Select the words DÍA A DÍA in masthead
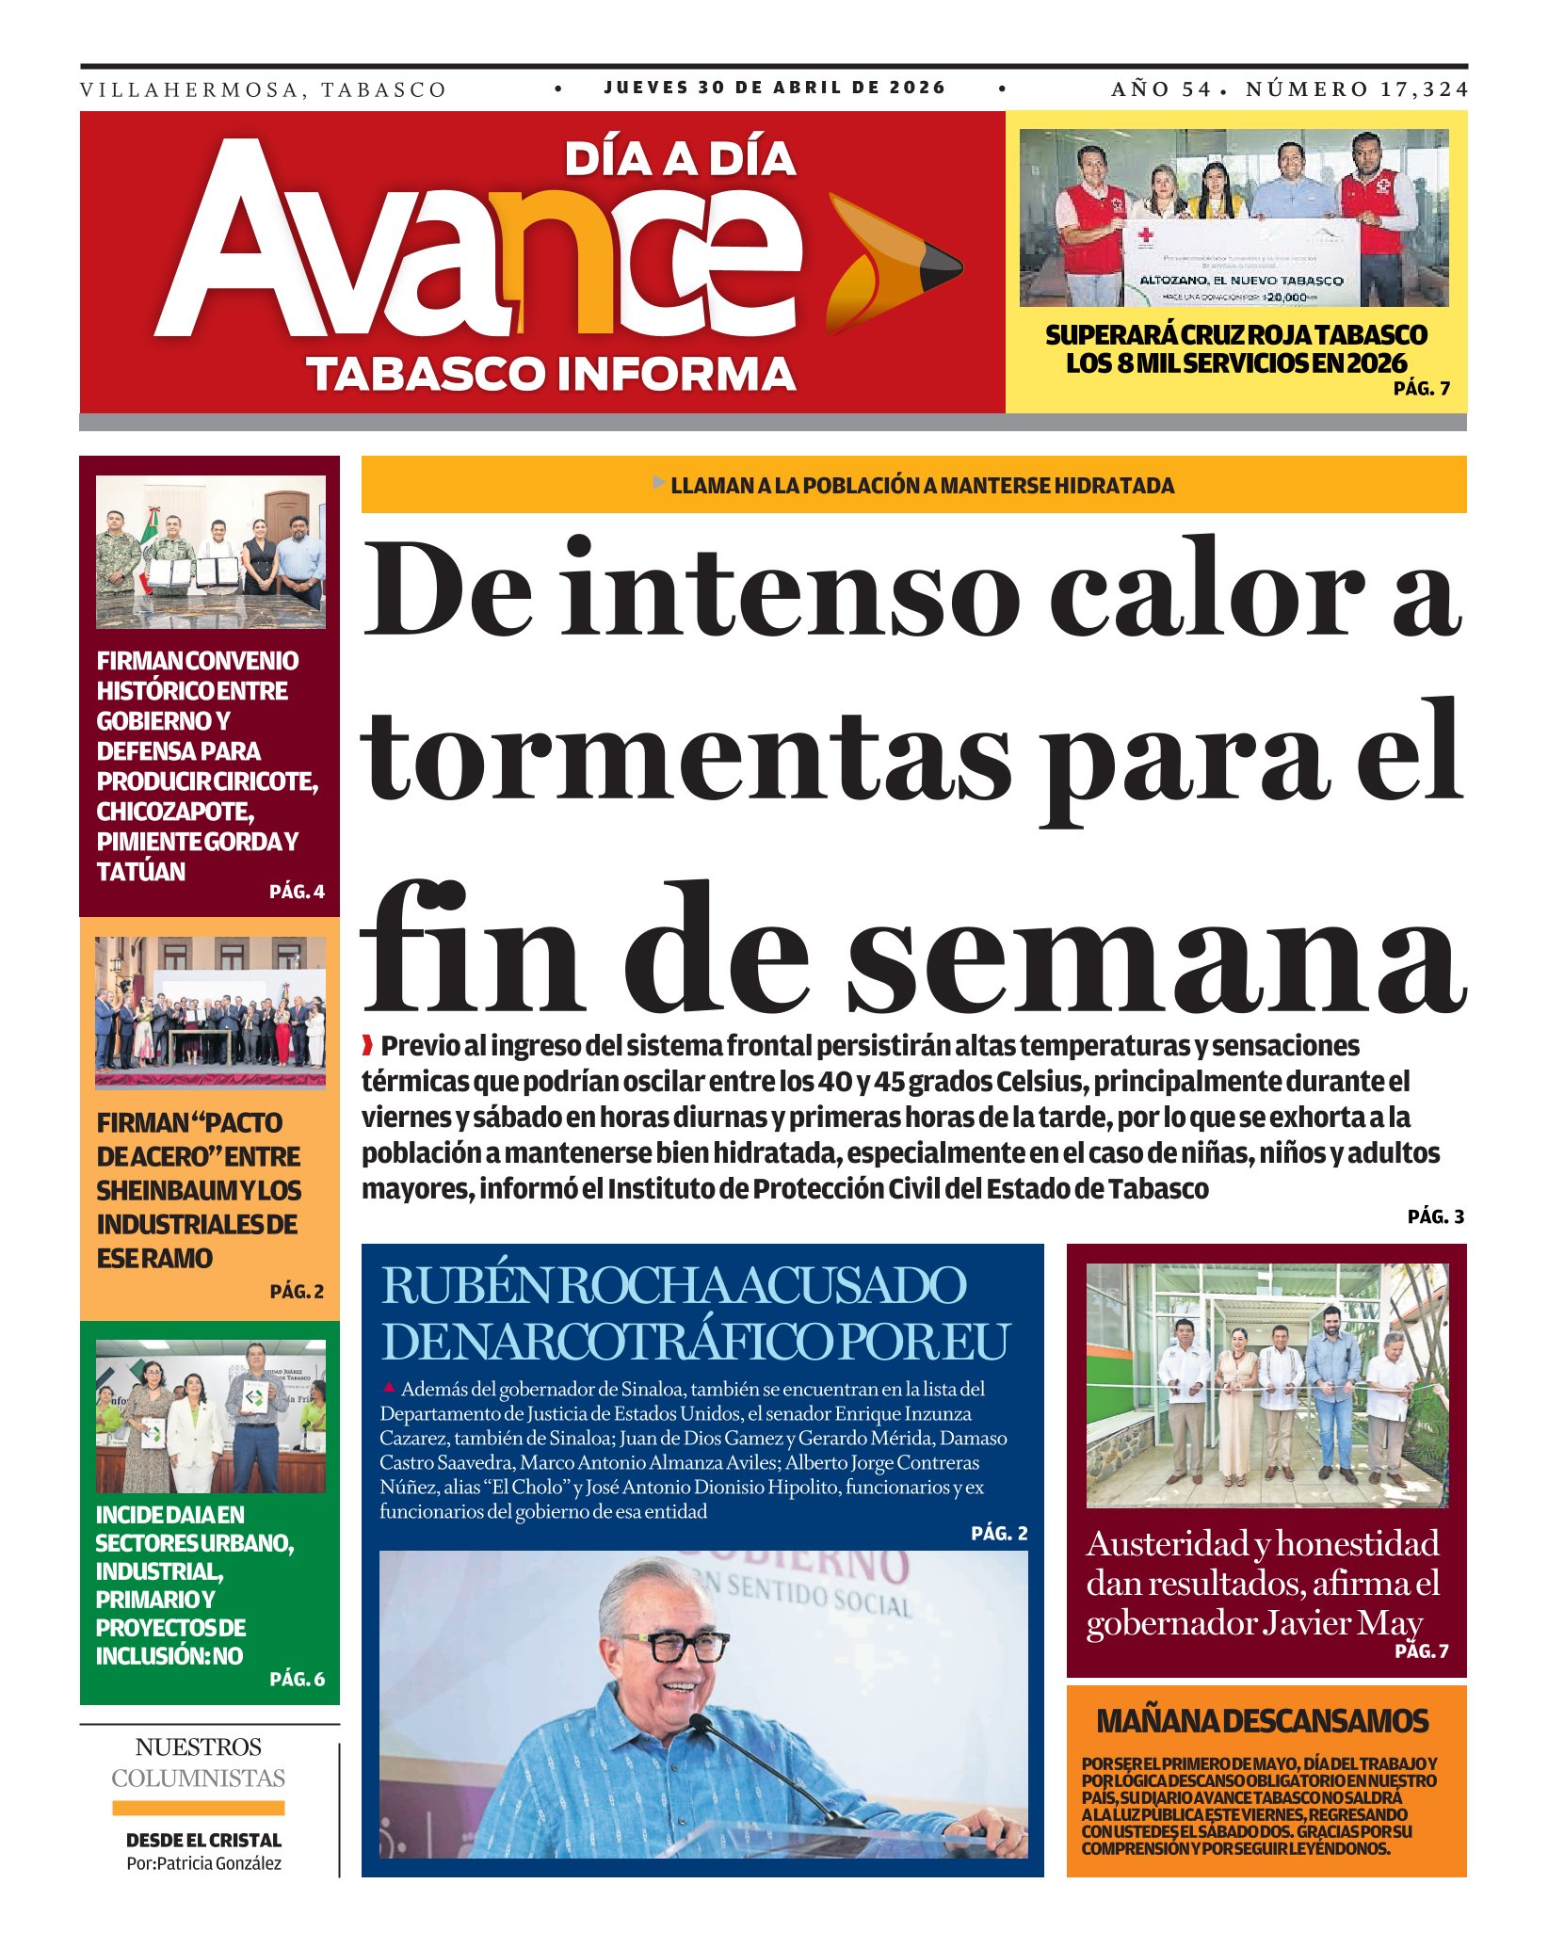pos(680,159)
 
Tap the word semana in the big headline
pos(1157,951)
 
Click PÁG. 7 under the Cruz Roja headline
pos(1421,388)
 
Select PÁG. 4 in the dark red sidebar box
pos(297,892)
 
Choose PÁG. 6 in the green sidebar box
pos(297,1679)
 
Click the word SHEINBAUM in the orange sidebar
pos(167,1191)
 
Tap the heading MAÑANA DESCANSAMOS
pos(1262,1721)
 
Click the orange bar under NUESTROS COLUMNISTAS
pos(198,1808)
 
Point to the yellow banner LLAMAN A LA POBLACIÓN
pos(913,485)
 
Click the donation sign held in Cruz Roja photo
pos(1240,264)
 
